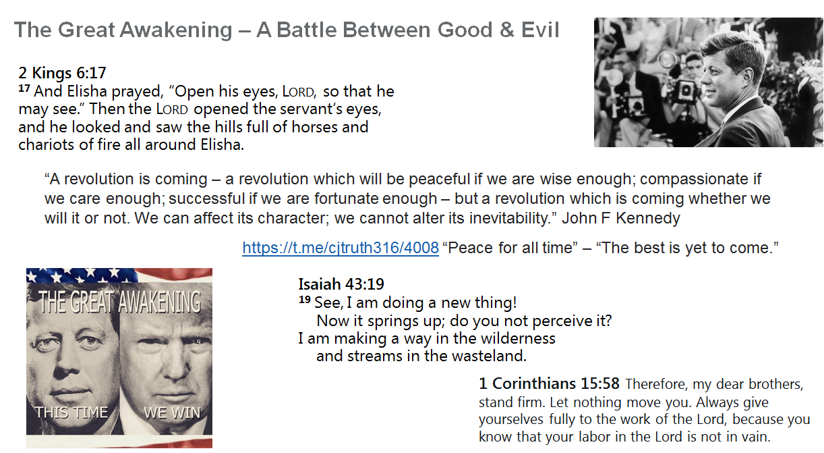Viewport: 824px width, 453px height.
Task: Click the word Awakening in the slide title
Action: click(176, 30)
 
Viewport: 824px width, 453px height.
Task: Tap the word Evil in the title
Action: click(540, 30)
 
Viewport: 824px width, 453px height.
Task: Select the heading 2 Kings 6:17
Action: click(62, 73)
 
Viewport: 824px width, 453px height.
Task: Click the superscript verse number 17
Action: click(24, 88)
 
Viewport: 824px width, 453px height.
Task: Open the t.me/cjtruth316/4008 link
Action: click(341, 248)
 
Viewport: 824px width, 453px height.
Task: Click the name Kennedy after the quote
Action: click(647, 218)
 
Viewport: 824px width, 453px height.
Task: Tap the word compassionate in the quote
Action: click(694, 180)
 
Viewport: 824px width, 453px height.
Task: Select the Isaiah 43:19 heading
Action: click(341, 284)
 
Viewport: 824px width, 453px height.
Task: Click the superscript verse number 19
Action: click(304, 300)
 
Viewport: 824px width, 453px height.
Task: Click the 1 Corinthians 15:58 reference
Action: click(549, 383)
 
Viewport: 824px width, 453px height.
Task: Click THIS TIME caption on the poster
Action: click(71, 412)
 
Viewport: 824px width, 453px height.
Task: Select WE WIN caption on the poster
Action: click(172, 412)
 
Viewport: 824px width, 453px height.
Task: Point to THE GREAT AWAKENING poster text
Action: click(119, 301)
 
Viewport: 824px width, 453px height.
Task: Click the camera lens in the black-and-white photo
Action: click(686, 90)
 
